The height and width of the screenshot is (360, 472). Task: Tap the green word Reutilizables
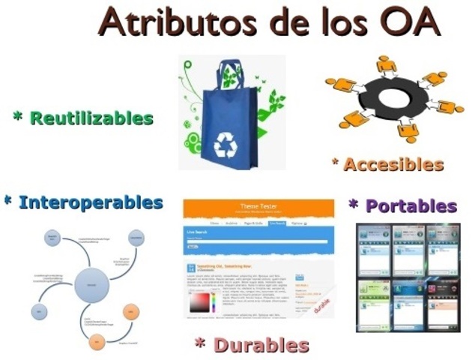91,118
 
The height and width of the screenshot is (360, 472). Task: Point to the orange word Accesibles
394,164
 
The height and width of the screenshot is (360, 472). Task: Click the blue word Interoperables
91,202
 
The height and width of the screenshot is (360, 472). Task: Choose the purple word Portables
411,205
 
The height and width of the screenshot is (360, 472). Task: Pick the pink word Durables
261,345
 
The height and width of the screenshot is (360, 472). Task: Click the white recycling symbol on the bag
225,143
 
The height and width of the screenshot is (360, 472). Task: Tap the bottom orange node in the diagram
95,342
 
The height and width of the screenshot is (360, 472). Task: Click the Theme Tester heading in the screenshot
258,205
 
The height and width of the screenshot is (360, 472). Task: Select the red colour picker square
201,303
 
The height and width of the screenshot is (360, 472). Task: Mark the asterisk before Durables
200,343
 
